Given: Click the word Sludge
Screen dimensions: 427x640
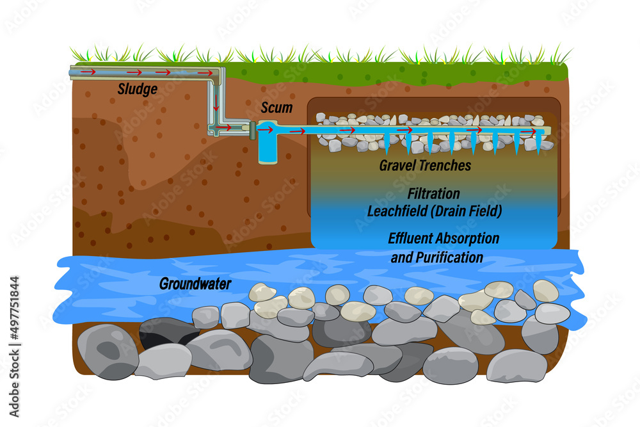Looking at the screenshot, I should pos(138,89).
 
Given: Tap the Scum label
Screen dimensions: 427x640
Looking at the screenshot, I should pos(276,108).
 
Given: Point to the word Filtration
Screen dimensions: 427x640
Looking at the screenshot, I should pos(433,193).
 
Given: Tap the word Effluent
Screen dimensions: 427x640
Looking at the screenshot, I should pos(413,238).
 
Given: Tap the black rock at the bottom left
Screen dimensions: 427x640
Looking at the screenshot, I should pos(168,332).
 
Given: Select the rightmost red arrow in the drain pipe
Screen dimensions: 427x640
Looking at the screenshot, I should pos(529,131).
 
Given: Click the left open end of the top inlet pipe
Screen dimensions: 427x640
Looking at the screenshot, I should pos(71,72).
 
